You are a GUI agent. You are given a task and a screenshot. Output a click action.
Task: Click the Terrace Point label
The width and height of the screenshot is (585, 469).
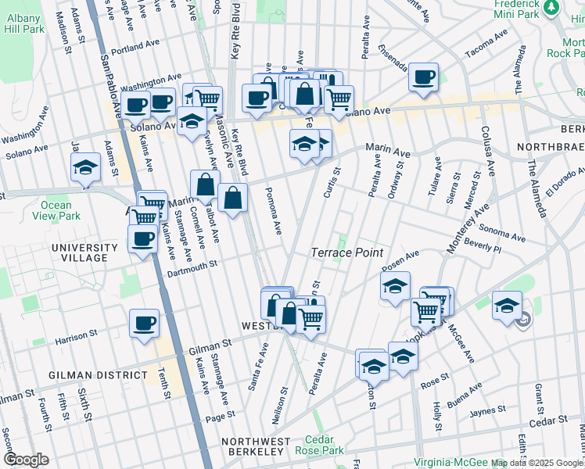pyautogui.click(x=347, y=252)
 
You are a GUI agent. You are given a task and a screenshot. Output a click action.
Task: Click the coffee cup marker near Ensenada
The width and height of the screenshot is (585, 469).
pyautogui.click(x=423, y=77)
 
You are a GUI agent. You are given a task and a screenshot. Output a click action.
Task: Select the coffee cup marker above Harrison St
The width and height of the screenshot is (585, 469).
pyautogui.click(x=144, y=323)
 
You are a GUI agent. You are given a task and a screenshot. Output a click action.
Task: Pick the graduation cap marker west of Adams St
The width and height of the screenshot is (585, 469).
pyautogui.click(x=85, y=166)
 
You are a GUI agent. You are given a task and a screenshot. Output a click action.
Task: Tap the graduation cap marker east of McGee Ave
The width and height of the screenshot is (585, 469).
pyautogui.click(x=507, y=305)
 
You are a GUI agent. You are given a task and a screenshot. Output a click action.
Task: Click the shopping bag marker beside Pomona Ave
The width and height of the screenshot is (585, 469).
pyautogui.click(x=233, y=198)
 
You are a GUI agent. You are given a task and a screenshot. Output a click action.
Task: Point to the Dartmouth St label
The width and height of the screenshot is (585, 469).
pyautogui.click(x=192, y=267)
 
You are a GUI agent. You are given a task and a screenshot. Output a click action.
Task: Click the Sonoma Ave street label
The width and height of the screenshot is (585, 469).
pyautogui.click(x=501, y=233)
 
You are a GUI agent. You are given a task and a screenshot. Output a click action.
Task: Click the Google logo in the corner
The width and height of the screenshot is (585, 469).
pyautogui.click(x=27, y=460)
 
